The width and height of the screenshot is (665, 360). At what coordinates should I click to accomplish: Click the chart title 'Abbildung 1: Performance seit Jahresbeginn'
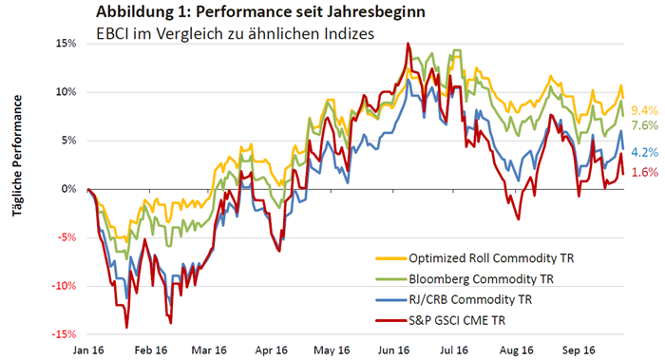tap(260, 11)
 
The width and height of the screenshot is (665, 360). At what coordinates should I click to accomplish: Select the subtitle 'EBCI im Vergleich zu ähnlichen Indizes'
tap(236, 33)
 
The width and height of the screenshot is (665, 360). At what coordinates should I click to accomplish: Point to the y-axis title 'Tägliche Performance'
tap(17, 156)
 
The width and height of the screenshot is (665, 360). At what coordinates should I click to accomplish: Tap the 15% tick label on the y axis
tap(66, 44)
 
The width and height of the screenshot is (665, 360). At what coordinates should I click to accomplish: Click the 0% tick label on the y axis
tap(68, 189)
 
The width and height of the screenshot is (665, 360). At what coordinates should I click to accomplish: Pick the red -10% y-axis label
tap(64, 286)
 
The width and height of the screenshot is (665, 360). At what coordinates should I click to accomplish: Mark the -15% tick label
tap(64, 334)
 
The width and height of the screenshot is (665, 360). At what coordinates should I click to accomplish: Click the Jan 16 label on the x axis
tap(88, 351)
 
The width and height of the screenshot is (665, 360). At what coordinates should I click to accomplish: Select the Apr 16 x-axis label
tap(272, 351)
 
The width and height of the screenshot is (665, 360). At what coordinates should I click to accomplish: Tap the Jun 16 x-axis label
tap(393, 351)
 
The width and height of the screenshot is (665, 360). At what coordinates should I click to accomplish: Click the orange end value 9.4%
tap(645, 111)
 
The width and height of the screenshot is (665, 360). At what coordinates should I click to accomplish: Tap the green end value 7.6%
tap(645, 125)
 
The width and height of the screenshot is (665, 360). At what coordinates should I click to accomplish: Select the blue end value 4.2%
tap(645, 152)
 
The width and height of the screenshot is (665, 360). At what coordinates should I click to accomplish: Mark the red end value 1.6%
tap(645, 172)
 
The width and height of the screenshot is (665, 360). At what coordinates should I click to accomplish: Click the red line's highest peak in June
tap(408, 43)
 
